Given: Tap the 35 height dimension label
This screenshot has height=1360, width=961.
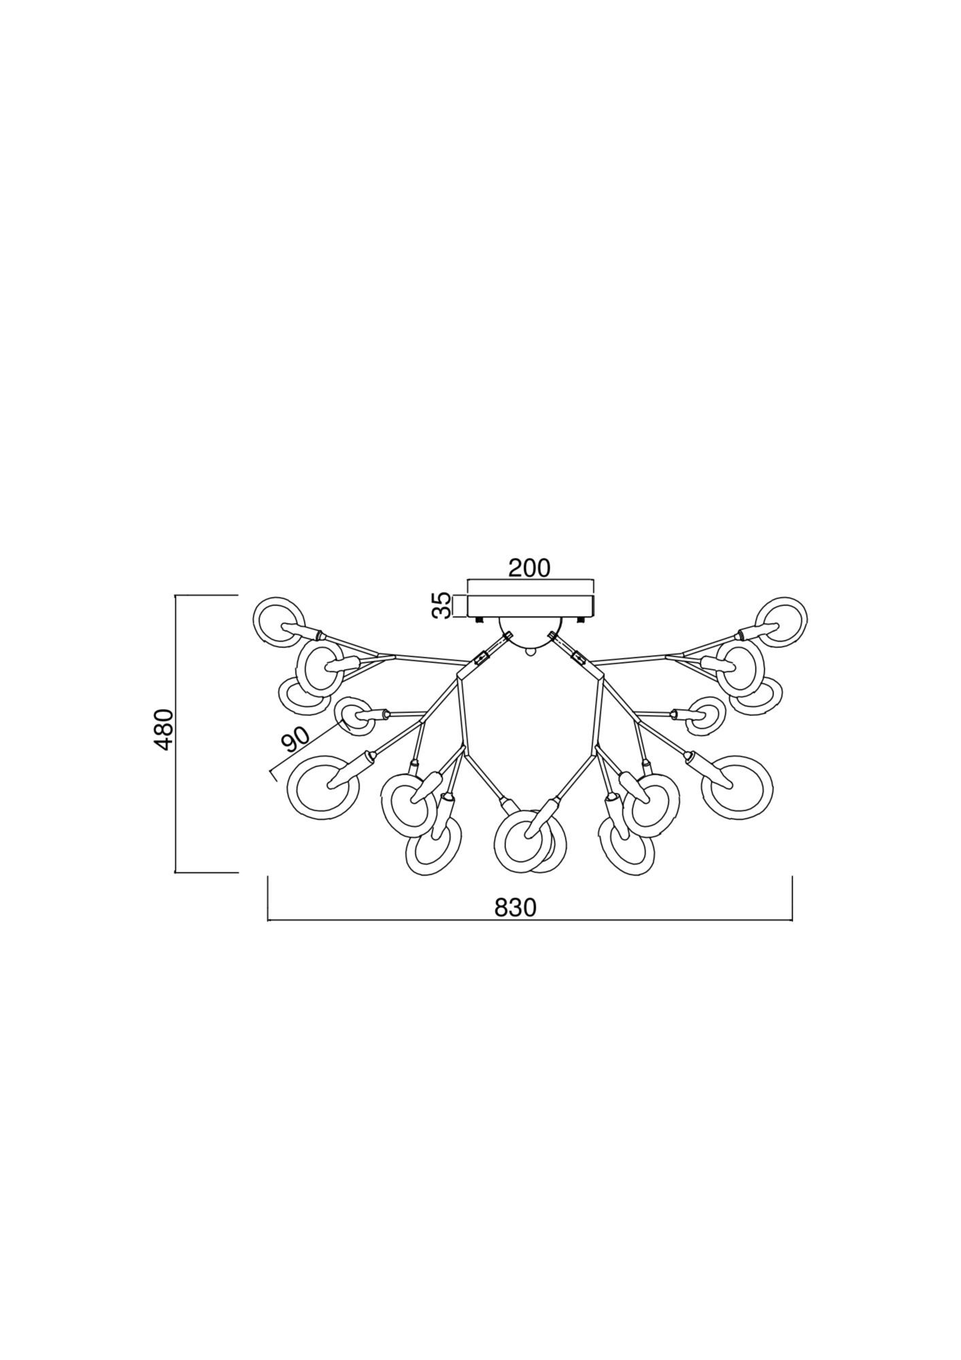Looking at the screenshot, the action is pos(442,605).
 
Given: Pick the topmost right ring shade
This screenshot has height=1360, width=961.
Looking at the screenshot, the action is pos(783,622).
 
